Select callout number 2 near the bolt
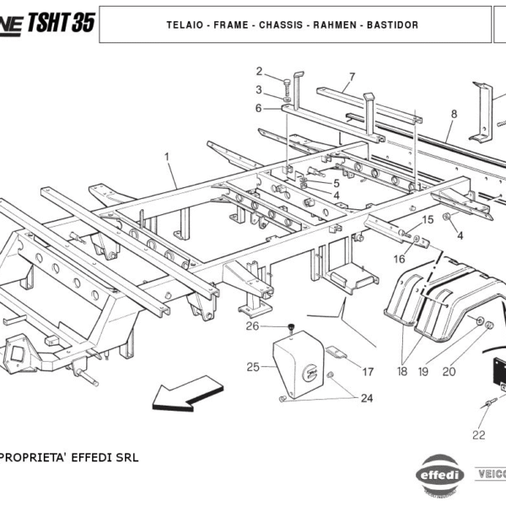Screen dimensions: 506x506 point(260,71)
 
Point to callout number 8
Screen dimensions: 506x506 point(454,114)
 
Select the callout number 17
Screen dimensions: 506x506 point(368,371)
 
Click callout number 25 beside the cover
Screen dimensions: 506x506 point(253,367)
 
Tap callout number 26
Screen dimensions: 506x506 point(252,326)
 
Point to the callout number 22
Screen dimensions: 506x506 point(478,435)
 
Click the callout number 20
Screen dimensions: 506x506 point(448,371)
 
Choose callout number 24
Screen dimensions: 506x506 point(366,398)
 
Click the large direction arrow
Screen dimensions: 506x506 point(185,396)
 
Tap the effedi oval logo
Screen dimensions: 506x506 point(442,474)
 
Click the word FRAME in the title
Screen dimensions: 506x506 point(230,25)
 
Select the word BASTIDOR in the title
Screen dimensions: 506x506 point(390,25)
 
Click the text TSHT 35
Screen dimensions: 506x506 point(61,23)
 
